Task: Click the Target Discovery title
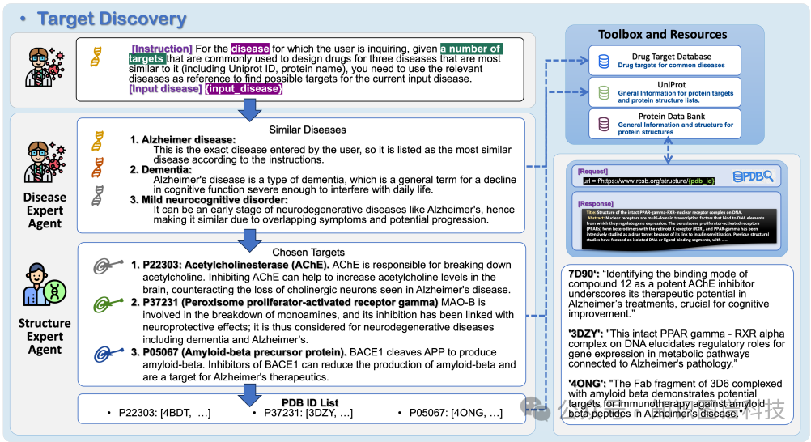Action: [x=112, y=18]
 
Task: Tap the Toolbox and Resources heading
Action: [x=663, y=34]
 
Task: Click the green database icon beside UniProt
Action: [x=603, y=93]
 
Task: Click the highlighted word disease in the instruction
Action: [x=250, y=49]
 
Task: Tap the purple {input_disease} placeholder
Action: [x=244, y=88]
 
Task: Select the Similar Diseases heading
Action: [x=307, y=130]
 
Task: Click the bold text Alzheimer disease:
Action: [x=189, y=140]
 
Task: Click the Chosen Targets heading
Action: [x=308, y=252]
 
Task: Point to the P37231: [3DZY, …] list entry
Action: [x=308, y=414]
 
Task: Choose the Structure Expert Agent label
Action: [x=44, y=337]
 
